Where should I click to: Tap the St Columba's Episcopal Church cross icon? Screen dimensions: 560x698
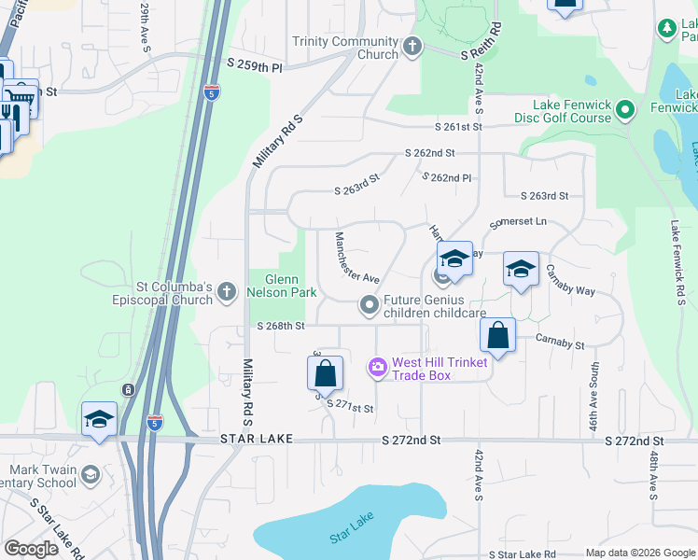227,294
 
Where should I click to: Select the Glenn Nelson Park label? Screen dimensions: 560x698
282,286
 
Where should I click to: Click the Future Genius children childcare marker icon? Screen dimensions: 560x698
370,304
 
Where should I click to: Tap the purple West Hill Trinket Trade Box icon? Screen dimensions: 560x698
378,368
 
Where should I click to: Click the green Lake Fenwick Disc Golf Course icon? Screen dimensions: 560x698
626,110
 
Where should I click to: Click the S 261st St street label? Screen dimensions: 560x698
458,127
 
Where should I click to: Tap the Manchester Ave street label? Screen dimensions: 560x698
357,257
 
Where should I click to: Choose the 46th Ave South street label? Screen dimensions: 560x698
593,392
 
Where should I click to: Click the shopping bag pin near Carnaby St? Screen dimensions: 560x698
498,336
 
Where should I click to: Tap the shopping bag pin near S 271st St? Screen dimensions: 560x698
325,373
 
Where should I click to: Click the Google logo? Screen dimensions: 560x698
33,549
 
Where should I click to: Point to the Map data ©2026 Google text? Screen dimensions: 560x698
639,553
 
